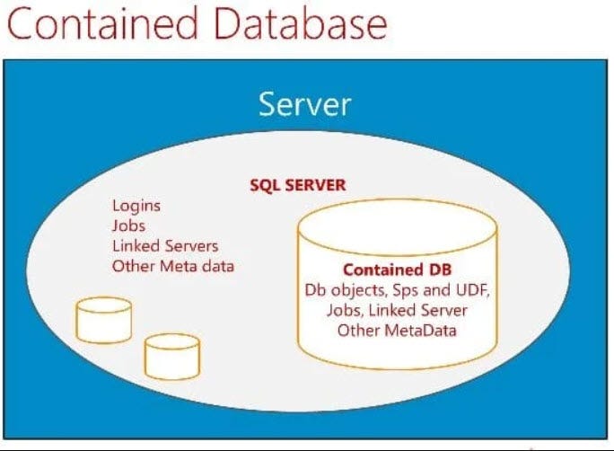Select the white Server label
[304, 104]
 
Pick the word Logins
[136, 207]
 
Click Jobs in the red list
[128, 226]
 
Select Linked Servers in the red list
[165, 246]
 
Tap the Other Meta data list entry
[173, 266]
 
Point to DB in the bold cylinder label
[439, 270]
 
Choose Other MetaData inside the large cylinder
[397, 330]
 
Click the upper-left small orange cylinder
[104, 320]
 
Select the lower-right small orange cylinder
[171, 356]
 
